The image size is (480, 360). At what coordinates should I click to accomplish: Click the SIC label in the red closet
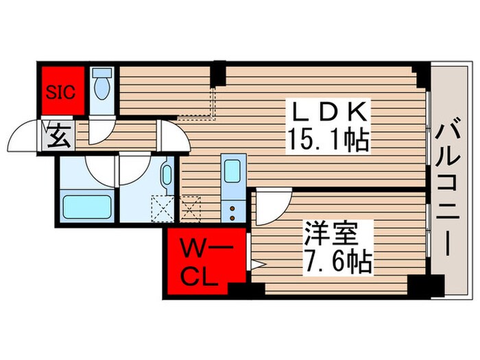[x=63, y=91]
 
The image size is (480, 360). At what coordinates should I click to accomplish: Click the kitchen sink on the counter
[x=230, y=170]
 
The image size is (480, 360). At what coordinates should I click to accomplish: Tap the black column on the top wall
[x=217, y=71]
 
